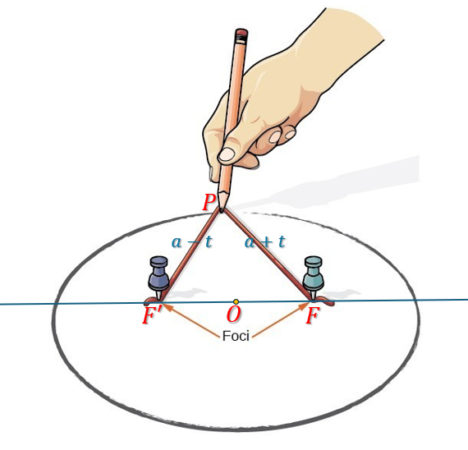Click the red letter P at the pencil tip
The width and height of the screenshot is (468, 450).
209,202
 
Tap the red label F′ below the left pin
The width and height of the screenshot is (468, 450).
152,315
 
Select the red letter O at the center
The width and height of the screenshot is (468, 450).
233,315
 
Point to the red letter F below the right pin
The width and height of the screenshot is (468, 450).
312,315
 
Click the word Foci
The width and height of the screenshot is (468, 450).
236,336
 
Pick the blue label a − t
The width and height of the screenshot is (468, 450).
191,241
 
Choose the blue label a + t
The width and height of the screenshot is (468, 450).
265,241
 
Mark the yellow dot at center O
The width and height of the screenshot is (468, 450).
236,301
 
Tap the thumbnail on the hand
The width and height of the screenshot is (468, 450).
227,154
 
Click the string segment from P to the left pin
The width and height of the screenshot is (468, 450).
190,255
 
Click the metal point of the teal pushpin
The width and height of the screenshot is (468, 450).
313,295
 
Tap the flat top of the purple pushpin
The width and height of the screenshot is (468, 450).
158,260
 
